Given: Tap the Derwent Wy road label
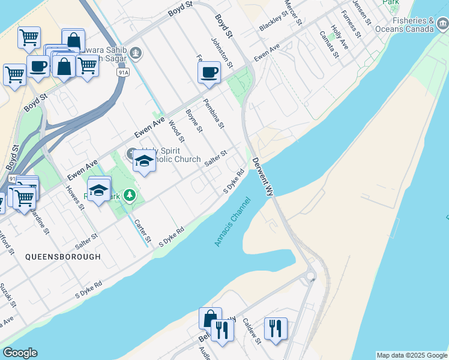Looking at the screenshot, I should [x=263, y=177].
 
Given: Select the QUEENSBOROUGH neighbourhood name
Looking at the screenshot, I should [x=63, y=257].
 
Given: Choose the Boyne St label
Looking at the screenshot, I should [x=194, y=121].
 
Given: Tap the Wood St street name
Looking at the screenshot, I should [x=176, y=131].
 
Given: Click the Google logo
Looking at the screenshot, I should [x=20, y=353].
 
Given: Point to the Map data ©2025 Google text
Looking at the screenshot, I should [x=412, y=355].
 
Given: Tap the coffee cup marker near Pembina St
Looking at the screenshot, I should [x=209, y=73].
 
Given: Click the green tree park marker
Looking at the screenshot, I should [x=128, y=196].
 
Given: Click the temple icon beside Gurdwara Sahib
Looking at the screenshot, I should [x=136, y=53].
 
